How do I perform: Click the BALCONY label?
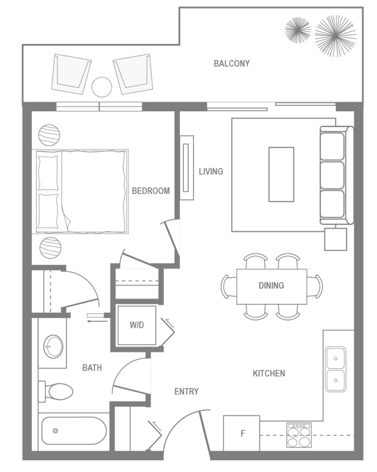232,64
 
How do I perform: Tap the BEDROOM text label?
151,190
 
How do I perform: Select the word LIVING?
211,171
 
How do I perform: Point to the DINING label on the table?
271,285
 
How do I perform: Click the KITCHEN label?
269,373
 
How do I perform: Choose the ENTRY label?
186,391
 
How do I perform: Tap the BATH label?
92,367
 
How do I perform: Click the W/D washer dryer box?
136,325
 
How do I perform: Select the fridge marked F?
242,433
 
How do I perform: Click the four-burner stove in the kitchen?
299,435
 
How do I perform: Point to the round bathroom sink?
53,346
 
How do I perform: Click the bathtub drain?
56,431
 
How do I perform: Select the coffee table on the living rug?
281,174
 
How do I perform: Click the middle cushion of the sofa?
332,175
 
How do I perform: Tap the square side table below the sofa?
336,239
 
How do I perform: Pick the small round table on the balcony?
101,87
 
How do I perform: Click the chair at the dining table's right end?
316,286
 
